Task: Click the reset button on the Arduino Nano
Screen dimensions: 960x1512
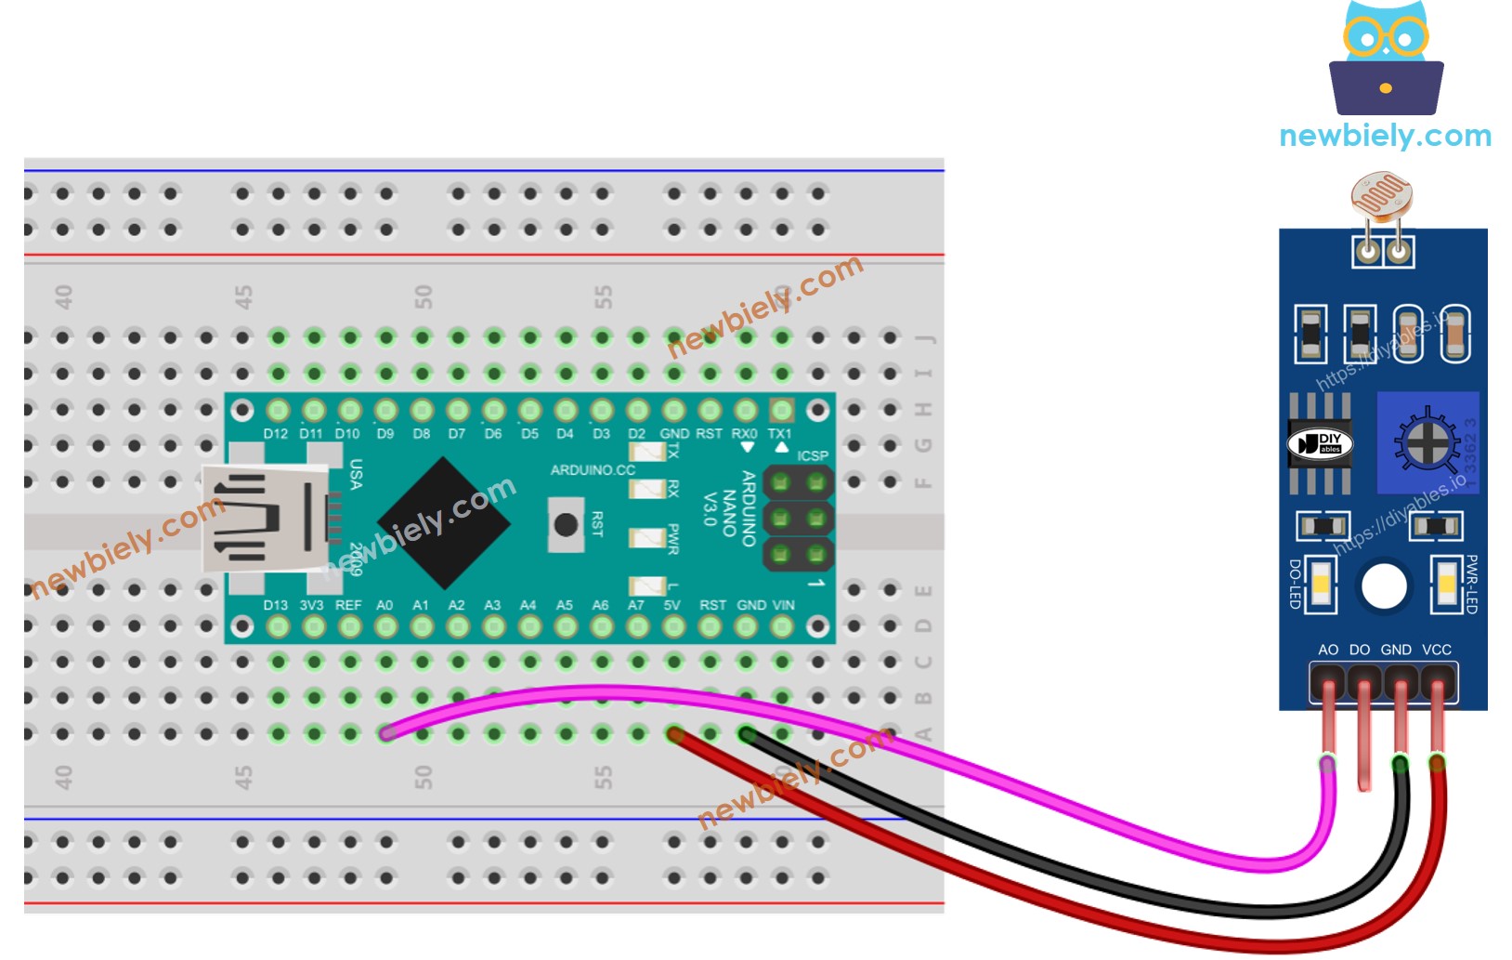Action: point(565,524)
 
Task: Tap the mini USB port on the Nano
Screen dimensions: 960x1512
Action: point(264,519)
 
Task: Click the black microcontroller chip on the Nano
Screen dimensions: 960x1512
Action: point(443,522)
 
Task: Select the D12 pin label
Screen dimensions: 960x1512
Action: point(276,434)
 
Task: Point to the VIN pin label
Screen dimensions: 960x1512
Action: point(784,605)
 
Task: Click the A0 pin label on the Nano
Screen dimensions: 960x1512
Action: point(385,605)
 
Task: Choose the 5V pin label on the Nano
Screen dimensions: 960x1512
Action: point(672,605)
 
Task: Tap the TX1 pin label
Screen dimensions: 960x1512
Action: point(779,434)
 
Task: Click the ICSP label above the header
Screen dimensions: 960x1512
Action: point(812,455)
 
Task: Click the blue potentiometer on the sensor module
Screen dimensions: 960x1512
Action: point(1427,443)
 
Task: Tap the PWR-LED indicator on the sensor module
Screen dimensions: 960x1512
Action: point(1446,585)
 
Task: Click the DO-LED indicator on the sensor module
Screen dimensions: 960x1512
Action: point(1320,585)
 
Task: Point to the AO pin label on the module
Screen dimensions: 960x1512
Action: point(1328,650)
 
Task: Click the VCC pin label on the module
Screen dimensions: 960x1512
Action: point(1436,650)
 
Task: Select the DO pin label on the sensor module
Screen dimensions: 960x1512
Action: point(1360,650)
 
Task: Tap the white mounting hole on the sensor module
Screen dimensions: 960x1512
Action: point(1384,586)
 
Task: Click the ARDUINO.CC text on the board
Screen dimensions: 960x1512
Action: point(593,470)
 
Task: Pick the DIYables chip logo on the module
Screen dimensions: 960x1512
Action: point(1320,443)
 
